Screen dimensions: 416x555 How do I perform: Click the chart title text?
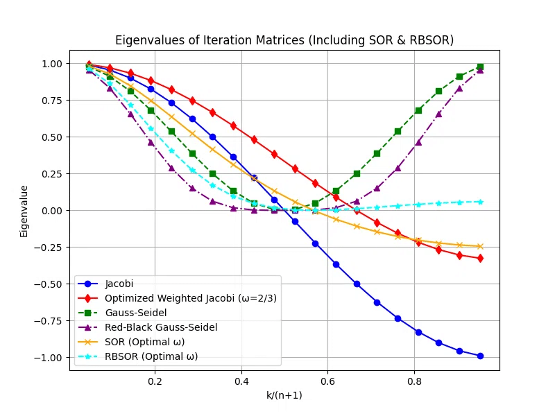pos(284,40)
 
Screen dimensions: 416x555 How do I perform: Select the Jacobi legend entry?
pos(120,284)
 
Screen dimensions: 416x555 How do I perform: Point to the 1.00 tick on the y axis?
pos(51,64)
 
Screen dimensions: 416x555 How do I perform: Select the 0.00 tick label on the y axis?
pos(51,211)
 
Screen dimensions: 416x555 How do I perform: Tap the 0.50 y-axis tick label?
pos(51,137)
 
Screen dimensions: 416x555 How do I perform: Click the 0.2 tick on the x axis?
pos(155,381)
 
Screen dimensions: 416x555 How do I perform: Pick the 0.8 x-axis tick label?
pos(414,381)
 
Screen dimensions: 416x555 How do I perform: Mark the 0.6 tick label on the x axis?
pos(327,381)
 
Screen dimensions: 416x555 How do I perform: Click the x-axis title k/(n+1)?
pos(284,395)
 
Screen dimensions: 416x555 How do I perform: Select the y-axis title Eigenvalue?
pos(24,211)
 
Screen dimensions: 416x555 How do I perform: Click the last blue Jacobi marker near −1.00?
pos(479,356)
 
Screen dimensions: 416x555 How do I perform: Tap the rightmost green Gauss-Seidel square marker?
pos(479,67)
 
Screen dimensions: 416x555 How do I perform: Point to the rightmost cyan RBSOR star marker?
pos(479,202)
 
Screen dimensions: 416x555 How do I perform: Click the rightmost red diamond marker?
pos(479,258)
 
